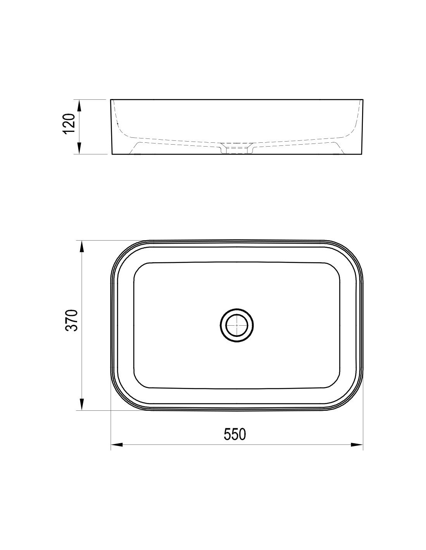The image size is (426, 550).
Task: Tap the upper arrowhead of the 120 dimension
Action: tap(79, 106)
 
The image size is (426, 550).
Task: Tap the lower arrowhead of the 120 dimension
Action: tap(79, 148)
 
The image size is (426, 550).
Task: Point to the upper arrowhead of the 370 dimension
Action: tap(82, 246)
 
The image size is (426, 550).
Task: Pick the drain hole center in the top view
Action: tap(237, 325)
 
